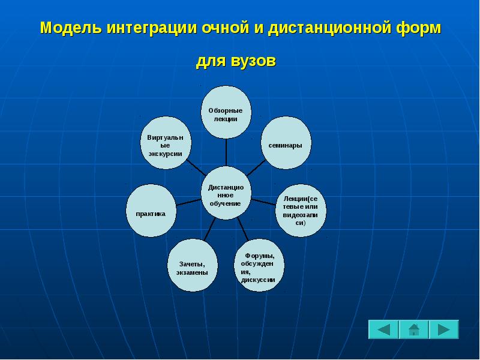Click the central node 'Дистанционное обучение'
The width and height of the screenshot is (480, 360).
point(226,193)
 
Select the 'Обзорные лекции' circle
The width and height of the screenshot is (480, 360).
point(226,113)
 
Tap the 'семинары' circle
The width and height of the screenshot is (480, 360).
point(286,143)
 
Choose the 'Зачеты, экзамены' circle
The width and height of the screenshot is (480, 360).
point(192,265)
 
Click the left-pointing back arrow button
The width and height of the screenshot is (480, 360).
point(383,329)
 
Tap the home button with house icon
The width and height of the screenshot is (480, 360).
point(413,329)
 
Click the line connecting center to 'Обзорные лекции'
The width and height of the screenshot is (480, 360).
point(226,153)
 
